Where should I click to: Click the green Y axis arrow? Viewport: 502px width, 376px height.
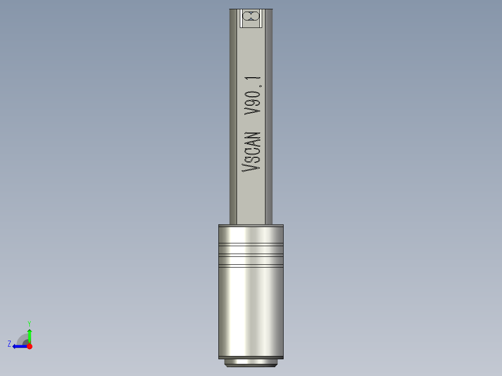pyautogui.click(x=29, y=335)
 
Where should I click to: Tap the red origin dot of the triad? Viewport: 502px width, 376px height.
pyautogui.click(x=29, y=346)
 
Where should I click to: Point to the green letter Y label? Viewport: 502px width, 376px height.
pyautogui.click(x=29, y=323)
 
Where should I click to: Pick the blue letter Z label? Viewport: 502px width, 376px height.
pyautogui.click(x=9, y=344)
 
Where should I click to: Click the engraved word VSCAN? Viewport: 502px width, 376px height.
pyautogui.click(x=252, y=152)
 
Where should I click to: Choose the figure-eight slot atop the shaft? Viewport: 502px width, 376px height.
pyautogui.click(x=251, y=17)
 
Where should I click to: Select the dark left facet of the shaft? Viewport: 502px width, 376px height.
pyautogui.click(x=233, y=116)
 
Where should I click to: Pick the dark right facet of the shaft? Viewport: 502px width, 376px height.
pyautogui.click(x=269, y=116)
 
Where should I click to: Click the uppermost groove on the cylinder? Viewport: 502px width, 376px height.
pyautogui.click(x=251, y=244)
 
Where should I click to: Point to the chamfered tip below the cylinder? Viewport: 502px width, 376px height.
pyautogui.click(x=251, y=363)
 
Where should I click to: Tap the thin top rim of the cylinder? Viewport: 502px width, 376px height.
pyautogui.click(x=251, y=226)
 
